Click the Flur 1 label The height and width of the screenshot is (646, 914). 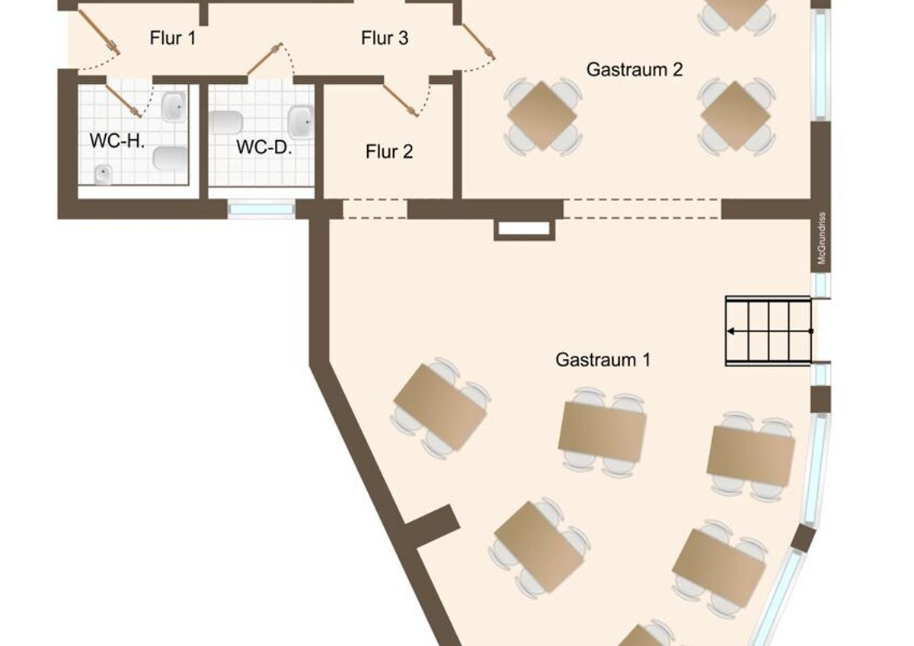(173, 38)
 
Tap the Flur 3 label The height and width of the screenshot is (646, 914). (385, 38)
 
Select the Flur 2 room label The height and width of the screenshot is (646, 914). (389, 152)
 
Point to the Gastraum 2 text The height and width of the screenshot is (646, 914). (634, 69)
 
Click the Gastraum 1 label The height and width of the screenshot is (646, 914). (602, 360)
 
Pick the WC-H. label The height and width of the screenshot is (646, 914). (117, 141)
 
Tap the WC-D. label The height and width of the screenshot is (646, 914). (264, 147)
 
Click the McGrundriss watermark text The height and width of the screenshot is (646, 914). (821, 238)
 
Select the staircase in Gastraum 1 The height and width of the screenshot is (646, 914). (769, 331)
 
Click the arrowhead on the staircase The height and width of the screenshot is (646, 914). (731, 331)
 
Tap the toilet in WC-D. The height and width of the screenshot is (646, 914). (225, 122)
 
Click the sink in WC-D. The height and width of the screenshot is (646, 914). (301, 122)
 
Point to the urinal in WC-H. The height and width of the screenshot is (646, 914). (104, 174)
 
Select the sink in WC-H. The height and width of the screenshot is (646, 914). (174, 106)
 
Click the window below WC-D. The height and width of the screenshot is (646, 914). (261, 209)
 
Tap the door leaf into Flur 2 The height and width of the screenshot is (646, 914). (401, 101)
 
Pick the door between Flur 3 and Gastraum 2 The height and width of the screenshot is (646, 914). (478, 41)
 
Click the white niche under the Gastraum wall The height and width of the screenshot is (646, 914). (524, 229)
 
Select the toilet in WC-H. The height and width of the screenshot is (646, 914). (171, 158)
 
